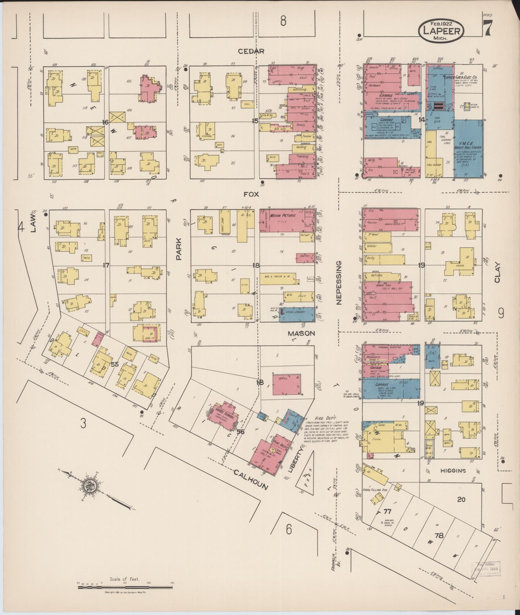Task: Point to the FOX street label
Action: point(252,194)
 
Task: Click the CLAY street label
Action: point(498,273)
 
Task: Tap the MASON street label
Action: point(301,333)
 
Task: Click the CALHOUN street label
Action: point(251,480)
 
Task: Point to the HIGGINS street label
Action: point(453,471)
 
